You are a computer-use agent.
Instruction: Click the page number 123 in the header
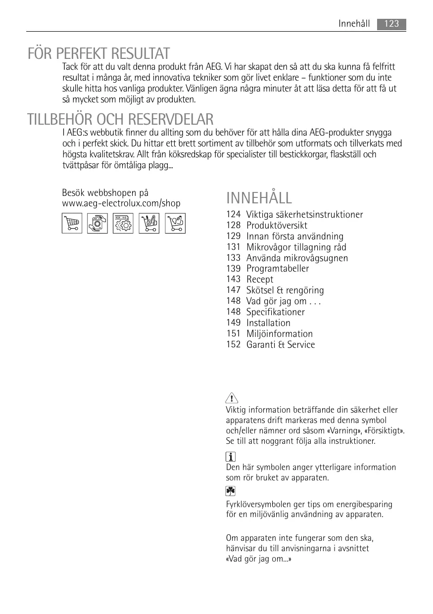(x=391, y=24)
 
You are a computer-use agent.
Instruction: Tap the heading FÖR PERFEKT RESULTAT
(x=99, y=53)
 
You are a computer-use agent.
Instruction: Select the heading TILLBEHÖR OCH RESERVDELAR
(x=121, y=119)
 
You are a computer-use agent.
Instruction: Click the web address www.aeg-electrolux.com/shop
(x=121, y=203)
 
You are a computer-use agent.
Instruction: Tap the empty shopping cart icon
(x=72, y=224)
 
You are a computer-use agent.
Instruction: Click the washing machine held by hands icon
(x=97, y=224)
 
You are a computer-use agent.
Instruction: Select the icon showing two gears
(x=123, y=224)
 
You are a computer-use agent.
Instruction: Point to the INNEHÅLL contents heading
(x=259, y=198)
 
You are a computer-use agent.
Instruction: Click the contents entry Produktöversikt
(x=277, y=226)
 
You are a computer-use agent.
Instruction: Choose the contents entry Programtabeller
(x=278, y=269)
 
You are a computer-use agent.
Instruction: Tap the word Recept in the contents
(x=260, y=280)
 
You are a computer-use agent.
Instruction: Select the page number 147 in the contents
(x=234, y=290)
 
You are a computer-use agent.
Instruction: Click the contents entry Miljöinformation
(x=280, y=334)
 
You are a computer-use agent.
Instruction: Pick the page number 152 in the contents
(x=234, y=345)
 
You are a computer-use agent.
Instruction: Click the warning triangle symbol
(x=231, y=398)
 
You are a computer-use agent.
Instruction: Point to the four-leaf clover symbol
(x=231, y=491)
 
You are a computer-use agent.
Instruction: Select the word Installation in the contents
(x=268, y=323)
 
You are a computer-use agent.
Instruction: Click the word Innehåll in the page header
(x=354, y=24)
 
